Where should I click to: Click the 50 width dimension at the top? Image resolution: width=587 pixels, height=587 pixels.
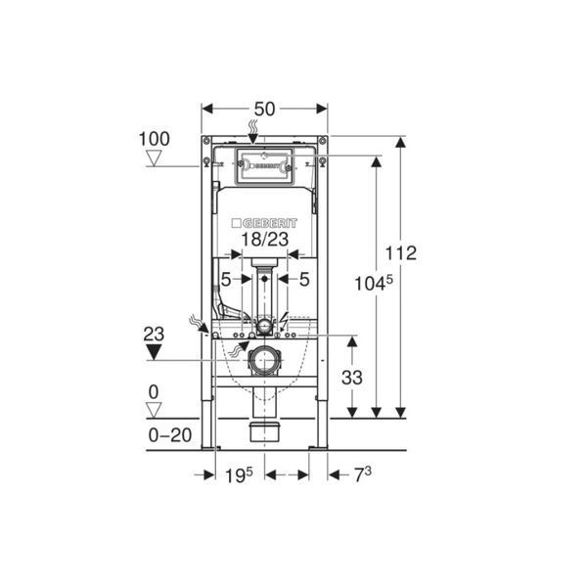pyautogui.click(x=264, y=109)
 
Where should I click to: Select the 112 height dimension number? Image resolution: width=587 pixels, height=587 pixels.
pyautogui.click(x=400, y=253)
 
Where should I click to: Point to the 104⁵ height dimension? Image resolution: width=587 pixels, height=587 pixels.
pyautogui.click(x=374, y=283)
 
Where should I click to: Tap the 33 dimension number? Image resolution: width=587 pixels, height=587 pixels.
pyautogui.click(x=352, y=378)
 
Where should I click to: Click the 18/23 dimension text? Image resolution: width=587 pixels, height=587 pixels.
pyautogui.click(x=265, y=240)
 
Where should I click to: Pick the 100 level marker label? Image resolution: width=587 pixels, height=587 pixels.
pyautogui.click(x=155, y=139)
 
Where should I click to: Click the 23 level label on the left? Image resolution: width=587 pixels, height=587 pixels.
pyautogui.click(x=154, y=334)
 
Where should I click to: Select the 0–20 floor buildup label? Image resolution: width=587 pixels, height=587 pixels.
pyautogui.click(x=170, y=435)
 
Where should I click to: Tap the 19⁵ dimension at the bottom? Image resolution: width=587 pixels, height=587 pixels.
pyautogui.click(x=239, y=475)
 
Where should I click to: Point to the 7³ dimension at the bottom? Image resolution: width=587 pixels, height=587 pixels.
pyautogui.click(x=362, y=475)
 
